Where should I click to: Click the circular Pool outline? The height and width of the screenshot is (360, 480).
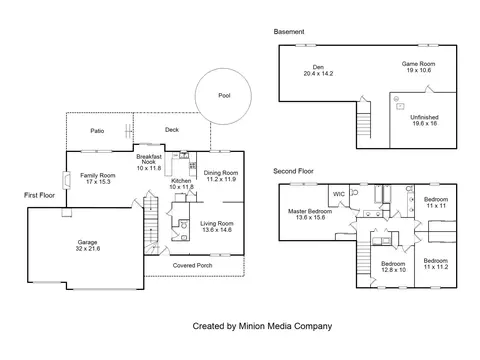point(195,96)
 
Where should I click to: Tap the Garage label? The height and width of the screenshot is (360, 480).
point(87,242)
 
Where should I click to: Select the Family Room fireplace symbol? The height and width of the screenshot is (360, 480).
point(67,180)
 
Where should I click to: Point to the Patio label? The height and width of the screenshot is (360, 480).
point(97,131)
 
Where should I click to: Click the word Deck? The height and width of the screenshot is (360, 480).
point(172,130)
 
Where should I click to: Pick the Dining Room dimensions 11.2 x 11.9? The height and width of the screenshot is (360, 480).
point(221,179)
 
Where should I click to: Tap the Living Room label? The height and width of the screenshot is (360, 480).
point(217,223)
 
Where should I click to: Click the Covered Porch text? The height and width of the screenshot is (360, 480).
point(192,265)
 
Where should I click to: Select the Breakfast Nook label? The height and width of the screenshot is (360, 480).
point(149,159)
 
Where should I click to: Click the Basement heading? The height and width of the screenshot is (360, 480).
point(289,32)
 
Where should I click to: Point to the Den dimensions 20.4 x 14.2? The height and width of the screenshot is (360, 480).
point(318,73)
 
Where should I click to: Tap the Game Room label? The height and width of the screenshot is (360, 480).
point(418,64)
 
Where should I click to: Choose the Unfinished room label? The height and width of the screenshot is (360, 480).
point(424,117)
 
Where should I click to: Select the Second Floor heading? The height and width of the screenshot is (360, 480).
point(293,171)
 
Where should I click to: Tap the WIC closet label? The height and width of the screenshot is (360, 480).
point(339,194)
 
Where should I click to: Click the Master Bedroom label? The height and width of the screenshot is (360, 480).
point(310,211)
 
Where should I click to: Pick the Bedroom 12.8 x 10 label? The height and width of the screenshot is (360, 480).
point(393,267)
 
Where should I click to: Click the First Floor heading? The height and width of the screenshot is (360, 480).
point(39,195)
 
